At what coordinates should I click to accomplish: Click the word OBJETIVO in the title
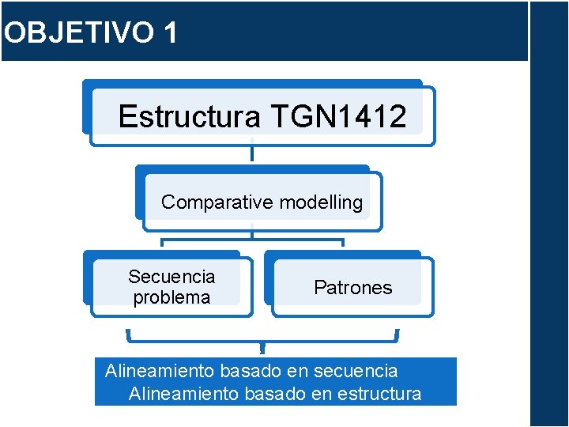pos(77,32)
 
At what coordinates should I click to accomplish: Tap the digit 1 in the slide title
pos(169,32)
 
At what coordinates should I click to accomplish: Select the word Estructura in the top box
pos(189,117)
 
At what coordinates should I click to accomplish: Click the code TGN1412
pos(339,117)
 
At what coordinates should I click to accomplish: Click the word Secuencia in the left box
pos(171,277)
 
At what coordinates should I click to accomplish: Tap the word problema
pos(171,297)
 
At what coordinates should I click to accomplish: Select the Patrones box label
pos(352,288)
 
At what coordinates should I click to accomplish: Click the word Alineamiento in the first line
pos(160,370)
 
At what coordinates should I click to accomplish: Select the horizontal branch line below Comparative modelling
pos(252,239)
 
